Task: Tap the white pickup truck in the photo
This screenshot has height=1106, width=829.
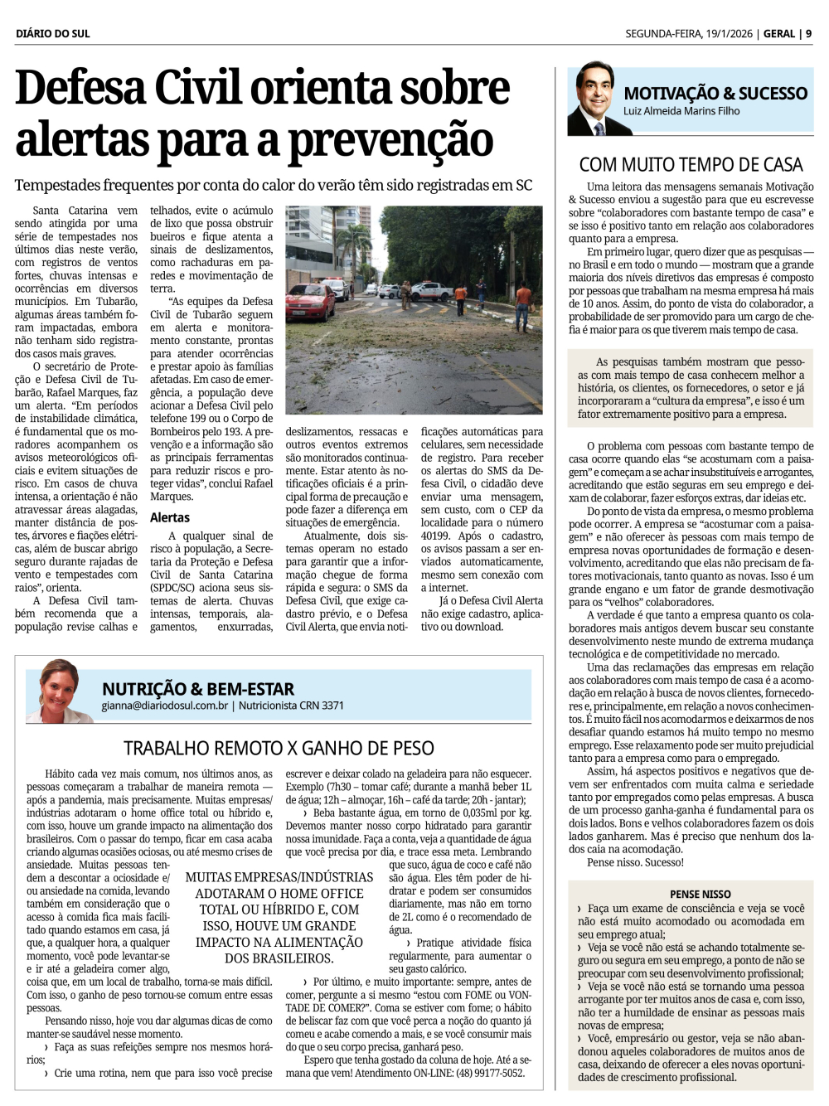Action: pos(431,291)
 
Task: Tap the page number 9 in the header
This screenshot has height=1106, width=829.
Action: pos(808,34)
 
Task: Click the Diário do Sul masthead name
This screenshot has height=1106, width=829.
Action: pos(52,34)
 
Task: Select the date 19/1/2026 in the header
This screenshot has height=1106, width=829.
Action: pos(728,34)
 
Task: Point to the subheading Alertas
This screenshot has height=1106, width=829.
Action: pos(170,517)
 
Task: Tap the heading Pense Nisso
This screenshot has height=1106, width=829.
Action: pos(701,894)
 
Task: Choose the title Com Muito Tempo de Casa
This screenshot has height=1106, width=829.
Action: pos(691,165)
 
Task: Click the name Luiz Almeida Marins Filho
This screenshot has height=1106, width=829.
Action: pos(681,111)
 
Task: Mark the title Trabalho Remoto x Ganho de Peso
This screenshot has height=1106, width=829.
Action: pos(279,749)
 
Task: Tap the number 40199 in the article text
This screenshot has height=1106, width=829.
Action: pos(435,536)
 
